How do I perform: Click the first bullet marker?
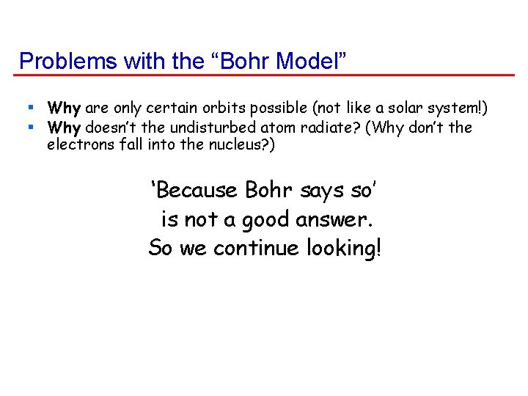[32, 109]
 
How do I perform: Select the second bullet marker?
[32, 127]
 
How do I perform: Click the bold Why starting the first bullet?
[64, 109]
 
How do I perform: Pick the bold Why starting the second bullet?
[64, 128]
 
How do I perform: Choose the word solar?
[397, 109]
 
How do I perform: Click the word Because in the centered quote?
[197, 191]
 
